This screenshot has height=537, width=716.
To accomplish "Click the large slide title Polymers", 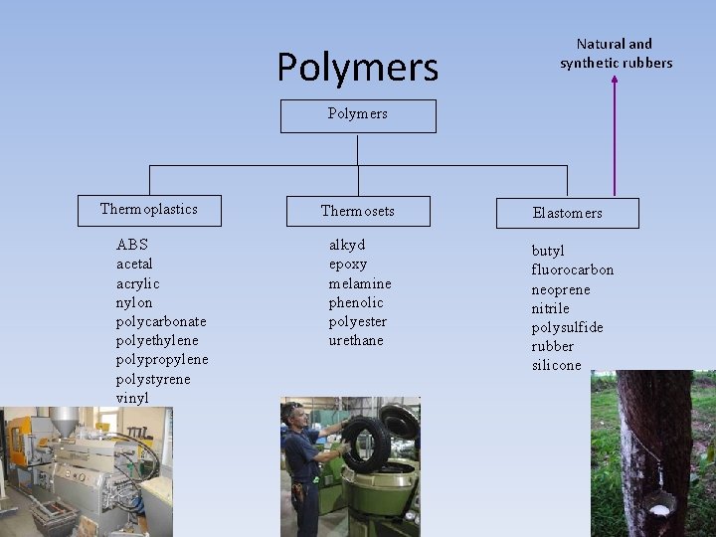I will (x=357, y=68).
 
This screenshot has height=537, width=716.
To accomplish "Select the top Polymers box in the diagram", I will (x=358, y=115).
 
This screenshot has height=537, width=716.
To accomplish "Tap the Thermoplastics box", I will (x=149, y=210).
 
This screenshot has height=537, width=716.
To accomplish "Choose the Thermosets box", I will (x=358, y=211).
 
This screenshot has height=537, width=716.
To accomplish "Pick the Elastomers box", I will (x=567, y=213).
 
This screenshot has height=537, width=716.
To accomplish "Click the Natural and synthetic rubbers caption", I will (x=616, y=53).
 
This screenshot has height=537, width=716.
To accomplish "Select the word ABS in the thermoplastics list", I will (x=132, y=245).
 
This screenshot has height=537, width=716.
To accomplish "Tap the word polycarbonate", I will (x=161, y=321).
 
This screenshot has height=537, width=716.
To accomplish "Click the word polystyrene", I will (x=153, y=379).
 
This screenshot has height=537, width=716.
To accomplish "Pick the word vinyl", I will (x=132, y=398).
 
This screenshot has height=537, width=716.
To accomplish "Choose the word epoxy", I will (x=348, y=264).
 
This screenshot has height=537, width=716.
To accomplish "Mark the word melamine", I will (x=360, y=283).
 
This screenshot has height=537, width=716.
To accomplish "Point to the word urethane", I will (x=356, y=340).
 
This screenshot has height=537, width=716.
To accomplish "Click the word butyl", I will (x=548, y=251).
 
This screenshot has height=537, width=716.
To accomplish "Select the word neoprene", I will (x=561, y=289).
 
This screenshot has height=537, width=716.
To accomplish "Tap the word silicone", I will (x=556, y=365).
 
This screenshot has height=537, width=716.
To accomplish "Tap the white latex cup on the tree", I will (x=658, y=510).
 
